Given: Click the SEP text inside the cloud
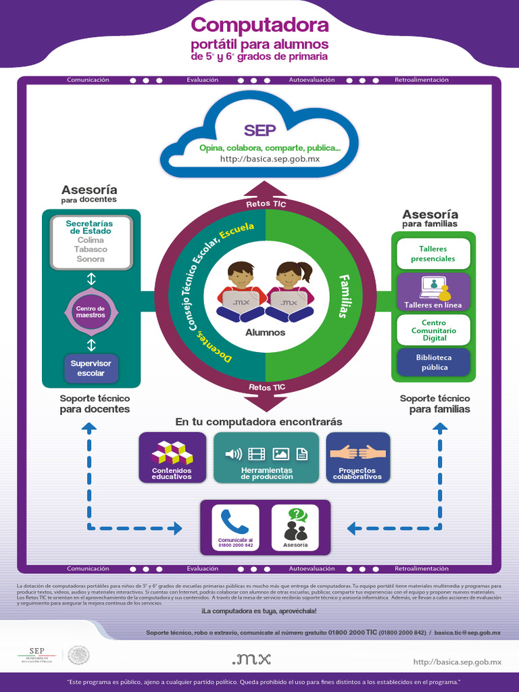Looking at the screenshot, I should coord(259,130).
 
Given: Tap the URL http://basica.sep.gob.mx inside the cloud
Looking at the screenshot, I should coord(270,159).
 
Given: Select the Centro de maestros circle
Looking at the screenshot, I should coord(91,312).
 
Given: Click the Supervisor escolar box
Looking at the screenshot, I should coord(91,368).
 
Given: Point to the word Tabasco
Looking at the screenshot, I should coord(91,249).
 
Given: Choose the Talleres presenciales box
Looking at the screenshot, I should coord(433,253).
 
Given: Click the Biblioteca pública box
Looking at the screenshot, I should coord(433,362).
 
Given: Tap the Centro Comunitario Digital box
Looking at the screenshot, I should coord(433,330).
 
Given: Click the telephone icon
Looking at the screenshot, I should coord(234,521).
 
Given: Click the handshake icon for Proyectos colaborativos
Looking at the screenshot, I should coord(357,451).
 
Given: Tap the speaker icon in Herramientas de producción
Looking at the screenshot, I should coord(233,453).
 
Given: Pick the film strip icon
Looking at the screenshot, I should coord(257,453).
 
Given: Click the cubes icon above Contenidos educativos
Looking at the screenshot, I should coord(172,451).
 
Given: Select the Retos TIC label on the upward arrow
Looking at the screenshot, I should coord(266,203).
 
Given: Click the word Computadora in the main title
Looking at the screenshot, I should coord(259,26).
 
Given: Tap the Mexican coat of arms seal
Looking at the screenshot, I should coord(78,655).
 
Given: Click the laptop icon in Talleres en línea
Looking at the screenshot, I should coord(430,287).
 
